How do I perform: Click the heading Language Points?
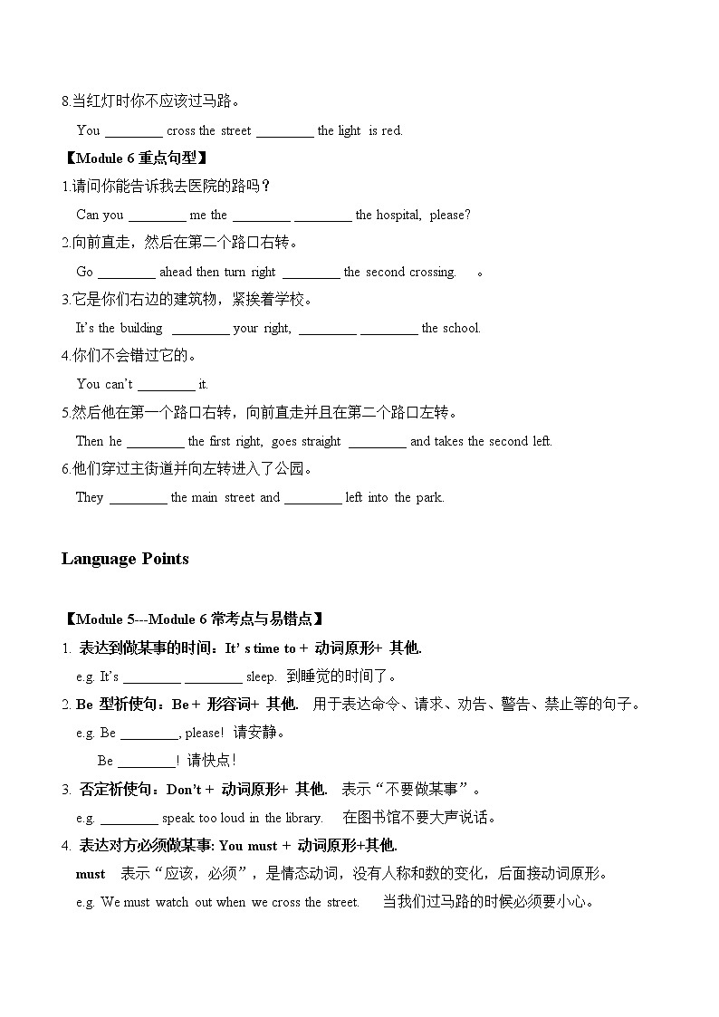[125, 559]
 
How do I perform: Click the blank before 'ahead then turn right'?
[126, 272]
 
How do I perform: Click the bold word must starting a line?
[91, 874]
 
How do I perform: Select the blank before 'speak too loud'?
[129, 818]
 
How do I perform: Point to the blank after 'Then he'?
[155, 441]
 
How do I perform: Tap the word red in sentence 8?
[392, 130]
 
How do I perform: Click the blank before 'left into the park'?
[312, 497]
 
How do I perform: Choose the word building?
[141, 328]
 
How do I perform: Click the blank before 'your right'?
[200, 328]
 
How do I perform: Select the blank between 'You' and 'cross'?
[133, 130]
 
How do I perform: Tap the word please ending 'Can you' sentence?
[449, 215]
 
